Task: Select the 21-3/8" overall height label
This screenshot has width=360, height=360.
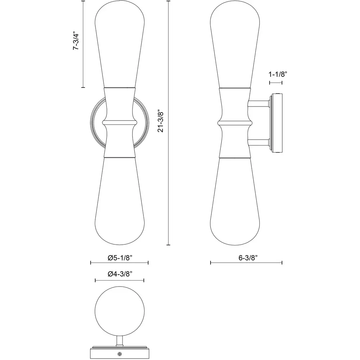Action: click(161, 122)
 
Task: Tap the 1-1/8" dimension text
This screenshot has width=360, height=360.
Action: click(278, 74)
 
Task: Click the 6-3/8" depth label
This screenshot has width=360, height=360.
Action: click(248, 258)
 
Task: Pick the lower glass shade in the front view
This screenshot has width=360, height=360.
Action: click(120, 201)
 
